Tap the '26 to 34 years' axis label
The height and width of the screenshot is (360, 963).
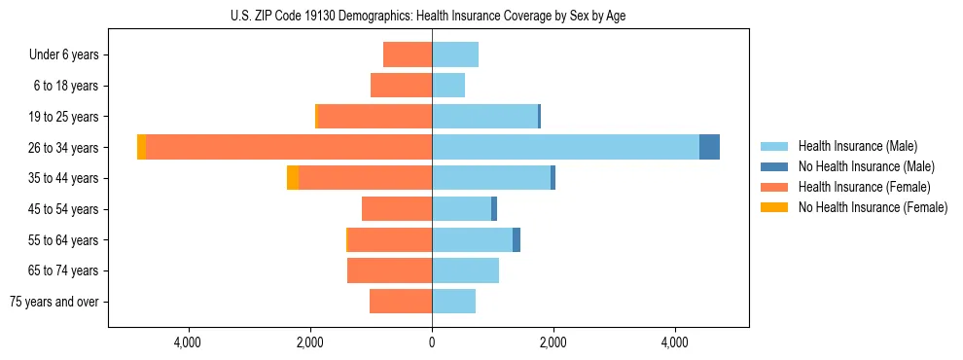64,147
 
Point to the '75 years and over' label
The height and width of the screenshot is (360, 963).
54,302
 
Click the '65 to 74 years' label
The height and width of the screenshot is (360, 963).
64,270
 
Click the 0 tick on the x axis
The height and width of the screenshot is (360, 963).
432,342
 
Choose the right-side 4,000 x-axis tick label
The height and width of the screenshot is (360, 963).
675,342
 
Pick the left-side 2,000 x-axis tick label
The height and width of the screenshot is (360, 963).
309,342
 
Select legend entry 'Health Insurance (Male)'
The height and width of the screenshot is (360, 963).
857,146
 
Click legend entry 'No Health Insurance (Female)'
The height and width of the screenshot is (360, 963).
873,207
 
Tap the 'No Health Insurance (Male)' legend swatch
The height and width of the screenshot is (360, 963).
774,166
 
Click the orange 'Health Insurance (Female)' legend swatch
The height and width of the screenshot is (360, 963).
774,187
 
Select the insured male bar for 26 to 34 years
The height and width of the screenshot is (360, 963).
565,147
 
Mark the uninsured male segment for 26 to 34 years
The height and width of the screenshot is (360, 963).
709,147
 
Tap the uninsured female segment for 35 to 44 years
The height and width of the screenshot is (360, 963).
293,178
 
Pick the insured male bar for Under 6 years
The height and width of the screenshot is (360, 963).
455,54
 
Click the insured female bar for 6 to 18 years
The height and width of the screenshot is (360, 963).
401,86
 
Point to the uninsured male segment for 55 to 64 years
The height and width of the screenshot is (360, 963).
517,239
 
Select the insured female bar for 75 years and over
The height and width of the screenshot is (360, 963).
401,302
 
